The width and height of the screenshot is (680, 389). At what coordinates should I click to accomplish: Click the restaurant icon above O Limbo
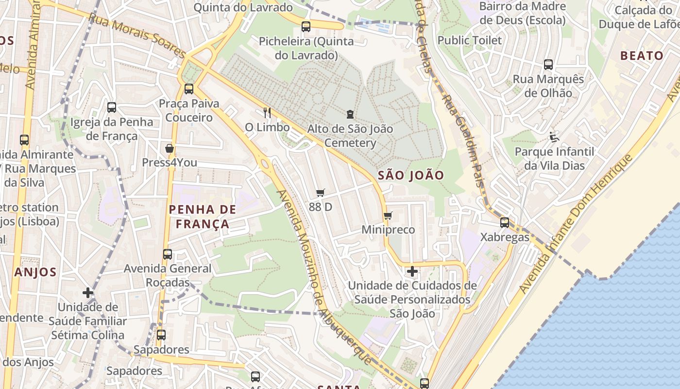coord(267,113)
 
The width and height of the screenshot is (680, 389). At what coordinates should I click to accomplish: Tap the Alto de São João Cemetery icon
coord(350,115)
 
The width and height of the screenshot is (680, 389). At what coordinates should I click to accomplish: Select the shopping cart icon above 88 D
coord(320,193)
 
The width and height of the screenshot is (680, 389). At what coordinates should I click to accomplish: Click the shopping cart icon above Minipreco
coord(388,215)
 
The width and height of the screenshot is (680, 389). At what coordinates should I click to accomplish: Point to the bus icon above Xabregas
coord(505,223)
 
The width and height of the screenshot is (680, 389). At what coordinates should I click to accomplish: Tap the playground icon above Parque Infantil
coord(554,137)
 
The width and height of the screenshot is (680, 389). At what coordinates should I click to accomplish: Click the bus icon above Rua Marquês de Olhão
coord(548,64)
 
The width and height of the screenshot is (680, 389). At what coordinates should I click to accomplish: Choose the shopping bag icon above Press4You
coord(170,148)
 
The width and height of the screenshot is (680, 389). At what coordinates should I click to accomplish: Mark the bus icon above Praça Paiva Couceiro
coord(189,89)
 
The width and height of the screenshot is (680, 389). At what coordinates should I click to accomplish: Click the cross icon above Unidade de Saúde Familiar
coord(88,293)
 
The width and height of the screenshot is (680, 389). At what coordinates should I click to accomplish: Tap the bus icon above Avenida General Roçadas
coord(168,254)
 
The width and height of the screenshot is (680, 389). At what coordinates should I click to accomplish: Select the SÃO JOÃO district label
coord(411,176)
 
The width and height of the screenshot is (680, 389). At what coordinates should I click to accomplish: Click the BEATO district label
coord(642,55)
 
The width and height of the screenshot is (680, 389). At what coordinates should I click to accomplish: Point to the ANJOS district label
coord(35,272)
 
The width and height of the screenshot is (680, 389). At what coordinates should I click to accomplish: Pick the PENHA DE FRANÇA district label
coord(202,217)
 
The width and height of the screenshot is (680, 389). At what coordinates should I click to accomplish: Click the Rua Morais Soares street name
coord(137,35)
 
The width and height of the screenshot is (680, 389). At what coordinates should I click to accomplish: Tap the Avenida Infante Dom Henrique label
coord(577,224)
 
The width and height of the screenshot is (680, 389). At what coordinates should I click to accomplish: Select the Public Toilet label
coord(469,40)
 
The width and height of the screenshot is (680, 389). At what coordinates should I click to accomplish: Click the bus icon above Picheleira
coord(306,27)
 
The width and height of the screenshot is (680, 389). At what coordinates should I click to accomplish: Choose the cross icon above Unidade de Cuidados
coord(412,271)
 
